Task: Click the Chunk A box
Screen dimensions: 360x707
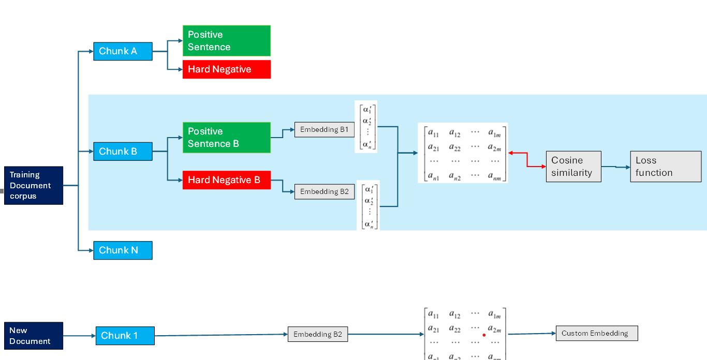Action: click(x=123, y=51)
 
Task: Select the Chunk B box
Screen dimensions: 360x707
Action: click(x=123, y=152)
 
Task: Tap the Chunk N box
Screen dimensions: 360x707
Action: click(x=123, y=250)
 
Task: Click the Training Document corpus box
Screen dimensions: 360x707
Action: click(x=34, y=185)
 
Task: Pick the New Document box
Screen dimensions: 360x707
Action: click(x=34, y=336)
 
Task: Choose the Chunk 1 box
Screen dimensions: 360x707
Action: click(x=125, y=336)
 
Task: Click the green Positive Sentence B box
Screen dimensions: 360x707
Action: click(x=226, y=138)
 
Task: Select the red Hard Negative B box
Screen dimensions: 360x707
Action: click(x=226, y=180)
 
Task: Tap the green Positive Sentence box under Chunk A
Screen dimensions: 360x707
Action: click(x=226, y=41)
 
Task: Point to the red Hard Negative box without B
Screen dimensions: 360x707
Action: click(x=226, y=69)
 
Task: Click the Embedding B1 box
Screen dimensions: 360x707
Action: click(x=324, y=129)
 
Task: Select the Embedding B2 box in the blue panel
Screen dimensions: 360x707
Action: click(x=324, y=191)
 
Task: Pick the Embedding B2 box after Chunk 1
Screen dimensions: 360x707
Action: click(x=317, y=334)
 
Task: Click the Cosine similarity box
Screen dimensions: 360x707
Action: click(x=573, y=167)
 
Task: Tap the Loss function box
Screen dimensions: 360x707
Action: click(x=666, y=167)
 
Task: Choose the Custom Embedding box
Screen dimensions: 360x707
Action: click(x=596, y=333)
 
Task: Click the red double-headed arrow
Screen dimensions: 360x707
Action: click(x=527, y=159)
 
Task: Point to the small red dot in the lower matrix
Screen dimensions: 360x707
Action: click(x=484, y=335)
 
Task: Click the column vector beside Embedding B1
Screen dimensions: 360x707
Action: click(x=366, y=127)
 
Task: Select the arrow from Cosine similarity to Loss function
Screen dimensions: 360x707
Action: click(x=616, y=167)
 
